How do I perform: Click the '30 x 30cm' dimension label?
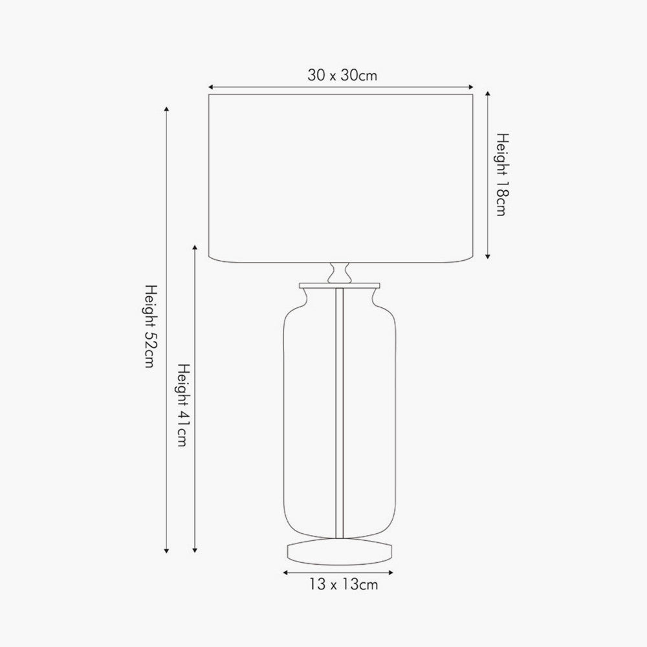342,76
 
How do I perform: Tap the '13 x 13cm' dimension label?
342,586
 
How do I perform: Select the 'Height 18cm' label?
503,175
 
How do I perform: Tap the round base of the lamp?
340,552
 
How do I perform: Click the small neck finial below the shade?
340,272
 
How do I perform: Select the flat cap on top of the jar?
340,285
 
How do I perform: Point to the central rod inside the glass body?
340,414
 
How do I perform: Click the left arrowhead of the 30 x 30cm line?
210,86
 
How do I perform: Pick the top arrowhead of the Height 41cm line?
195,248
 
